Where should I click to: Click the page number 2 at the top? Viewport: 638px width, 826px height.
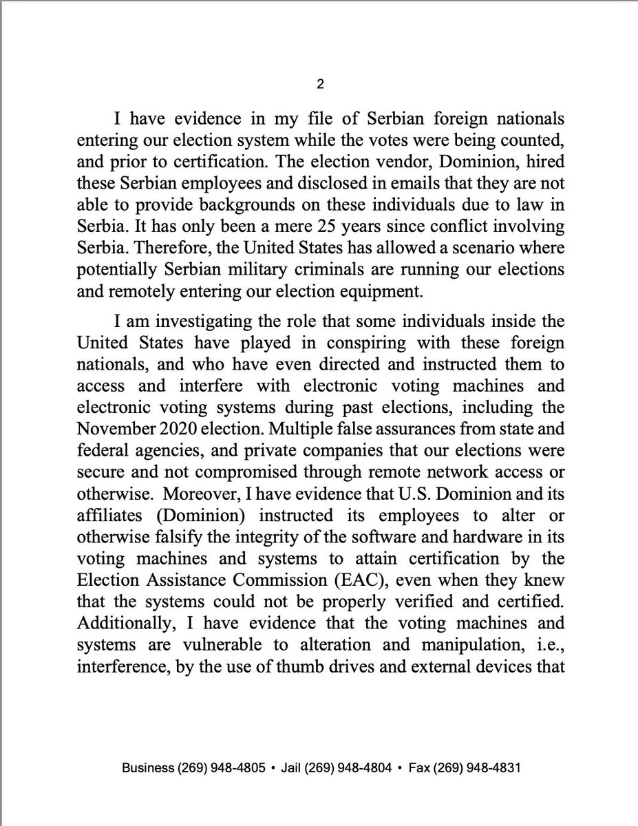(319, 84)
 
